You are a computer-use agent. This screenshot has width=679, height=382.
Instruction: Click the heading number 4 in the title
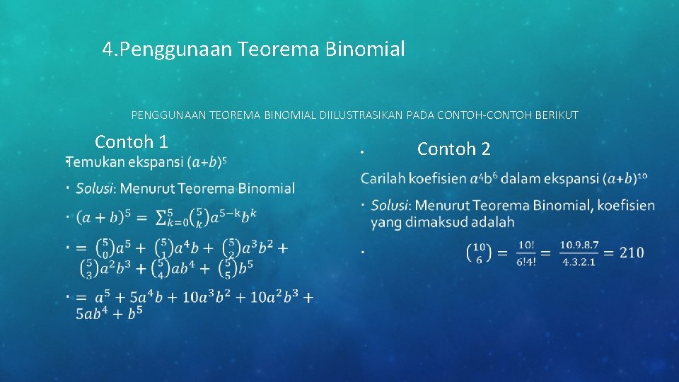[x=108, y=50]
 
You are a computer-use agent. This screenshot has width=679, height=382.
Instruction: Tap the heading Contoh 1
[x=131, y=141]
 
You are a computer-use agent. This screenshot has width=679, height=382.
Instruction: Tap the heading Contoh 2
[x=453, y=149]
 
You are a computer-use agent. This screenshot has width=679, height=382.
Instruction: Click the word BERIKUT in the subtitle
[x=558, y=115]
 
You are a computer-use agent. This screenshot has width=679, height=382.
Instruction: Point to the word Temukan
[x=96, y=162]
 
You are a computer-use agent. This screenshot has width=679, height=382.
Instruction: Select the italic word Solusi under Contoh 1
[x=95, y=188]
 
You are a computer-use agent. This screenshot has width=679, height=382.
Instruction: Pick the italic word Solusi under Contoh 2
[x=390, y=205]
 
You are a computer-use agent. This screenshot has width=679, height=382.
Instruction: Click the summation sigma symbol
[x=163, y=217]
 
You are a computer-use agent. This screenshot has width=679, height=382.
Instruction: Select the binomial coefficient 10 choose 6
[x=479, y=253]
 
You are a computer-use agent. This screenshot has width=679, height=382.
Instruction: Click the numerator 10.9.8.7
[x=579, y=245]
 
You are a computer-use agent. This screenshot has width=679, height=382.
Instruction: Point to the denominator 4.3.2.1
[x=579, y=262]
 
